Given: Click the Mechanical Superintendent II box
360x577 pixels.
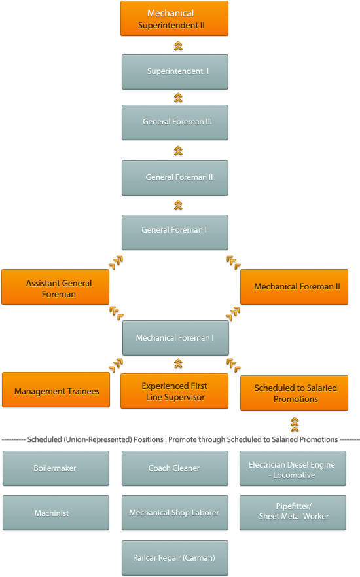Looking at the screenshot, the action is pyautogui.click(x=174, y=18).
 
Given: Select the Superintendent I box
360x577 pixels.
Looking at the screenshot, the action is pyautogui.click(x=175, y=72).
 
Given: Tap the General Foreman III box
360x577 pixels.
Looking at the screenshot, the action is pyautogui.click(x=175, y=122).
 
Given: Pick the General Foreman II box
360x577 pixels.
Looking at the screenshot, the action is pyautogui.click(x=175, y=178).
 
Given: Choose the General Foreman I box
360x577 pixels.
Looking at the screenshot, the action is pyautogui.click(x=175, y=233).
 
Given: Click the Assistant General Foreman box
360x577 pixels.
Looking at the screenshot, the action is pyautogui.click(x=56, y=287).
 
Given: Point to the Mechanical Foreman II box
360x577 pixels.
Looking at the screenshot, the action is pyautogui.click(x=294, y=287).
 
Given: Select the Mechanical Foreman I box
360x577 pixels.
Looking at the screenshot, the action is pyautogui.click(x=176, y=338).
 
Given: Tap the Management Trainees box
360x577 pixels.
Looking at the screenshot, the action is pyautogui.click(x=56, y=390).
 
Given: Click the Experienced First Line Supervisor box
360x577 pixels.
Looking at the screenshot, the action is pyautogui.click(x=174, y=391).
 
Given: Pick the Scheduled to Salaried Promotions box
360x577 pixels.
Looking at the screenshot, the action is pyautogui.click(x=294, y=393).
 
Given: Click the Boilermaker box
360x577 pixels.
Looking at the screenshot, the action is pyautogui.click(x=56, y=468).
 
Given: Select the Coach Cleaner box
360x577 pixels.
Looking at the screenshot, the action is pyautogui.click(x=175, y=468).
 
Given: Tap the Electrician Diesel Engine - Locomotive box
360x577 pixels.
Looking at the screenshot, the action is pyautogui.click(x=293, y=468).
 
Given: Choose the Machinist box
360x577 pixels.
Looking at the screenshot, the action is pyautogui.click(x=56, y=513).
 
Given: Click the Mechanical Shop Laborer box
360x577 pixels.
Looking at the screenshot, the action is pyautogui.click(x=175, y=513).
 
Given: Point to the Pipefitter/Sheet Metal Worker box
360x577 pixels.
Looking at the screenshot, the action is pyautogui.click(x=293, y=513).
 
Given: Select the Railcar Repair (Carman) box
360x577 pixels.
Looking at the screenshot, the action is pyautogui.click(x=175, y=558).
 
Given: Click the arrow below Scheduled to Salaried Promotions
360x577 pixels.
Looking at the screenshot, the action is pyautogui.click(x=295, y=424).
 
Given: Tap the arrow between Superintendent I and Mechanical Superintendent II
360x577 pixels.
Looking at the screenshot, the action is pyautogui.click(x=178, y=46).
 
